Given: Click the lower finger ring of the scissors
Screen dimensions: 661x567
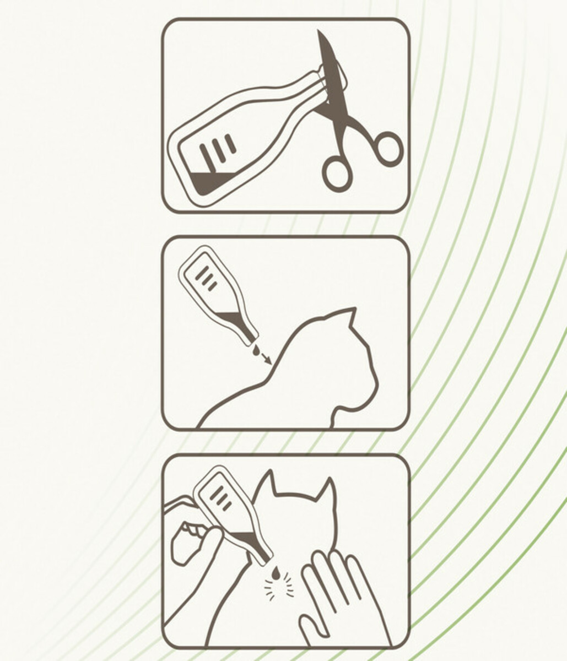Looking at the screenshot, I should pyautogui.click(x=337, y=173).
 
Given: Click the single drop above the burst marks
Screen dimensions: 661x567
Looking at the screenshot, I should pyautogui.click(x=276, y=573).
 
